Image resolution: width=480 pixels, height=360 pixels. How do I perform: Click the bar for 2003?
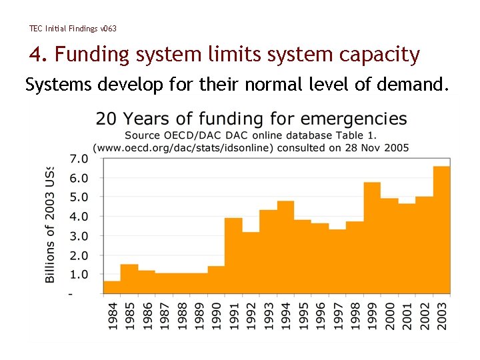tap(441, 230)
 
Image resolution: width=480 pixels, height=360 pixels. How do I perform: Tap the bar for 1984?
tap(111, 287)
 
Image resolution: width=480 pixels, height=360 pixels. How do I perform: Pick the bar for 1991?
tap(233, 256)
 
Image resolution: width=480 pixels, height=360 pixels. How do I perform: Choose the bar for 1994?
tap(285, 247)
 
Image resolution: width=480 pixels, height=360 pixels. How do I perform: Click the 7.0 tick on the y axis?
tap(79, 159)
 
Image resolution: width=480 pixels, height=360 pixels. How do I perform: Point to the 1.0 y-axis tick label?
tap(79, 274)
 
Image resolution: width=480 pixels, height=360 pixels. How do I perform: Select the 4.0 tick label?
tap(79, 217)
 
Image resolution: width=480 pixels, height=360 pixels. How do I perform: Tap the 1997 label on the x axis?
tap(337, 316)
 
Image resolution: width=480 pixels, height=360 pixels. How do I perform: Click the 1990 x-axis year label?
tap(216, 316)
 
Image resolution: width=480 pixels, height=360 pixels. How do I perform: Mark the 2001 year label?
tap(407, 316)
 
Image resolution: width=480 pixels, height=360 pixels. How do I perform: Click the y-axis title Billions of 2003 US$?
tap(51, 224)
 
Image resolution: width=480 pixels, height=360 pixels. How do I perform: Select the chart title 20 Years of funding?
tap(251, 119)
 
